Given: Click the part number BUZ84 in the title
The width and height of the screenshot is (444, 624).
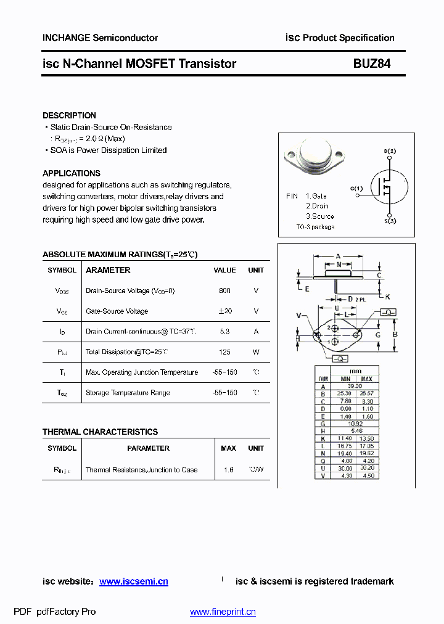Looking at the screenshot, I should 371,64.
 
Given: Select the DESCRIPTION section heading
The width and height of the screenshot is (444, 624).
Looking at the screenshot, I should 69,115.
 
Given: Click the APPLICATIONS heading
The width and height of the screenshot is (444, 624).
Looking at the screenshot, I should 71,173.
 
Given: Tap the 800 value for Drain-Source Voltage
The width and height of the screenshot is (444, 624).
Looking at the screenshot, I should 224,290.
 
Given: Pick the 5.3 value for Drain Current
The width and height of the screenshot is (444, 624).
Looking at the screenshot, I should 224,332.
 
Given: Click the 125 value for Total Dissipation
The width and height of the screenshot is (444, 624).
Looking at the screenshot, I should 224,352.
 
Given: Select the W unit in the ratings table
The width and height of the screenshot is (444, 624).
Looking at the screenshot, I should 256,352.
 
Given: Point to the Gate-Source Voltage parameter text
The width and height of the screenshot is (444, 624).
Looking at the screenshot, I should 117,311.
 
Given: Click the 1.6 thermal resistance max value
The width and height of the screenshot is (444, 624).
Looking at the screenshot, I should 229,470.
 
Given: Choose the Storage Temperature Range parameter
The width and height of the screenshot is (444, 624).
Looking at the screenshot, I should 128,393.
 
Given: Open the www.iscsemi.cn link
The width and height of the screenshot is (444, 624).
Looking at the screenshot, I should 133,581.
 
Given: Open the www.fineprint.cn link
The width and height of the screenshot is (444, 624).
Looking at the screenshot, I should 223,612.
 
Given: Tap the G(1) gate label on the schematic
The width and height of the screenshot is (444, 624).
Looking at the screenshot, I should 356,188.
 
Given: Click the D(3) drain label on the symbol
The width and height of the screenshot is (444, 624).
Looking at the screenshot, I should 390,151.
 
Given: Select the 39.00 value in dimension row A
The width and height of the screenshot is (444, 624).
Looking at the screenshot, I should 355,386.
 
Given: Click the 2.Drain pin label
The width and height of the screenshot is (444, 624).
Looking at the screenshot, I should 317,206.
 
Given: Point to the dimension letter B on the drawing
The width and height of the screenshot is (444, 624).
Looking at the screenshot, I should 395,335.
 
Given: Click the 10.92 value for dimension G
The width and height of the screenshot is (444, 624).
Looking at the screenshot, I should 355,424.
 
